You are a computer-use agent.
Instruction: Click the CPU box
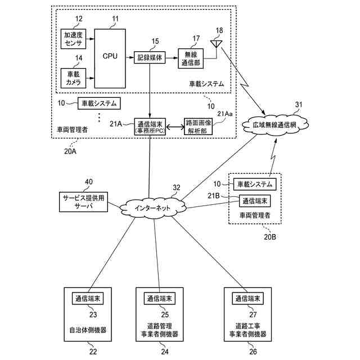110,58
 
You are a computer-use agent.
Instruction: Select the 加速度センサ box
73,39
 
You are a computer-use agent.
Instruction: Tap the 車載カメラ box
73,78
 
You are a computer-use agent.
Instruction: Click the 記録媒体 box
150,57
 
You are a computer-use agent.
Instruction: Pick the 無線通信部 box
191,58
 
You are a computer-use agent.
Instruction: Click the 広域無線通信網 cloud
275,125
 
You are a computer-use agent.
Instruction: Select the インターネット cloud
152,208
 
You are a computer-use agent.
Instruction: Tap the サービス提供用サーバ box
84,202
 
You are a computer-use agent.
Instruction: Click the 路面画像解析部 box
199,127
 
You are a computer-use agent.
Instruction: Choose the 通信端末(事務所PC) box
150,127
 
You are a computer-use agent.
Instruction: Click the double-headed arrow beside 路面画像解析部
175,127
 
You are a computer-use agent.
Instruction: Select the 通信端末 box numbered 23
88,298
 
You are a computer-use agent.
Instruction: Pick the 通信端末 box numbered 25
160,298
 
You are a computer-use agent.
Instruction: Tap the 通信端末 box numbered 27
247,298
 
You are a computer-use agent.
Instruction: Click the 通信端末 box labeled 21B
255,201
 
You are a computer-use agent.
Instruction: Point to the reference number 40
89,182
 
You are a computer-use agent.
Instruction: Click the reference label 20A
70,151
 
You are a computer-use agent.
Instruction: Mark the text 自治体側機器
88,330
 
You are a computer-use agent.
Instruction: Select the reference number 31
299,105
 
